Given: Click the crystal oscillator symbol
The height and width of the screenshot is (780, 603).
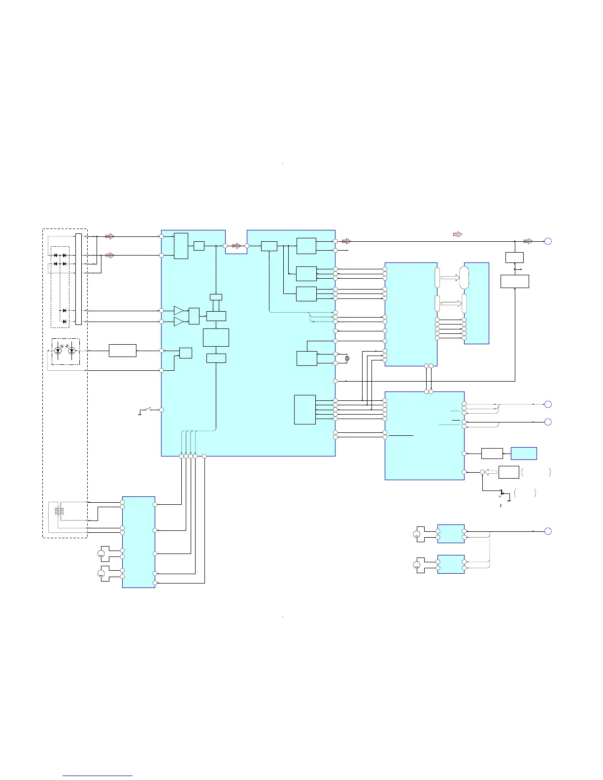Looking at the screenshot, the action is (347, 358).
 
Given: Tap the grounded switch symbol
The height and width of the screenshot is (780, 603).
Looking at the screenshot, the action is (144, 410).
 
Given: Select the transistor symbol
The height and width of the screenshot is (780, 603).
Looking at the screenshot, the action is (502, 492).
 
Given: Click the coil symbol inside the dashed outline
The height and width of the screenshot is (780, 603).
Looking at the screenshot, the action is (59, 511).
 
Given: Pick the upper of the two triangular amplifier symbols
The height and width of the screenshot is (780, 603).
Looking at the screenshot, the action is (178, 310).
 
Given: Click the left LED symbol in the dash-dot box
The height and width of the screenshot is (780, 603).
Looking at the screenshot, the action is (58, 351).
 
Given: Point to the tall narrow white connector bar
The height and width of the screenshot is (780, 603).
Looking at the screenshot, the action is (78, 279).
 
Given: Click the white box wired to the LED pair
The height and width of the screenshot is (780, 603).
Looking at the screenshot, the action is (122, 351).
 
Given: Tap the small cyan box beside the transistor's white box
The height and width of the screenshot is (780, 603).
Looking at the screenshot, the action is (524, 453).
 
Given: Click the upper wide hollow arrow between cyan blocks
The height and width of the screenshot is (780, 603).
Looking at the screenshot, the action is (449, 278).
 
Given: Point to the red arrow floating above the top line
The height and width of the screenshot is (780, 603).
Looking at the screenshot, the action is (457, 234).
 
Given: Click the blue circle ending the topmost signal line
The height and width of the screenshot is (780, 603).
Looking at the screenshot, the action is (548, 241).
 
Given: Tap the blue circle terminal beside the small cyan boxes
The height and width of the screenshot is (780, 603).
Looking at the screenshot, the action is (548, 531).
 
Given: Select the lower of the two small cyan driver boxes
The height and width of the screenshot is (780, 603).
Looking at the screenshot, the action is (451, 564).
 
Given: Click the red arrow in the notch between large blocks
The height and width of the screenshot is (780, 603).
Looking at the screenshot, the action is (236, 245).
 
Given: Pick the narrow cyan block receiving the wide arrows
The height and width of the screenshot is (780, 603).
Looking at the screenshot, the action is (476, 303).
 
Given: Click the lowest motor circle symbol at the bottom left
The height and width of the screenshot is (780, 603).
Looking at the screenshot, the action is (101, 574).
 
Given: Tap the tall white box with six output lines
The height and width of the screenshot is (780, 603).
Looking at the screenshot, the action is (304, 409).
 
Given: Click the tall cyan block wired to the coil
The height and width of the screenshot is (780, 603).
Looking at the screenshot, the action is (138, 542).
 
